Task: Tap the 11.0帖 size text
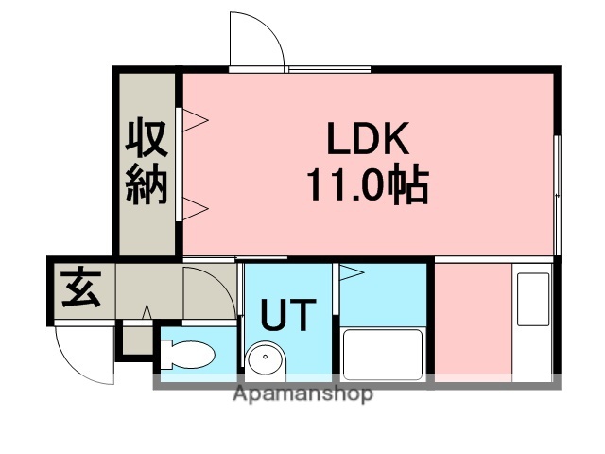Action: [367, 184]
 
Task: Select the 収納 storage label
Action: [147, 166]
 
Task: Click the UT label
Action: [286, 315]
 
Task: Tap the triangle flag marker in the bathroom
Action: [352, 275]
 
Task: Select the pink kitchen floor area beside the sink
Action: [472, 322]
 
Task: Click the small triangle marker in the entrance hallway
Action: [147, 311]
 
